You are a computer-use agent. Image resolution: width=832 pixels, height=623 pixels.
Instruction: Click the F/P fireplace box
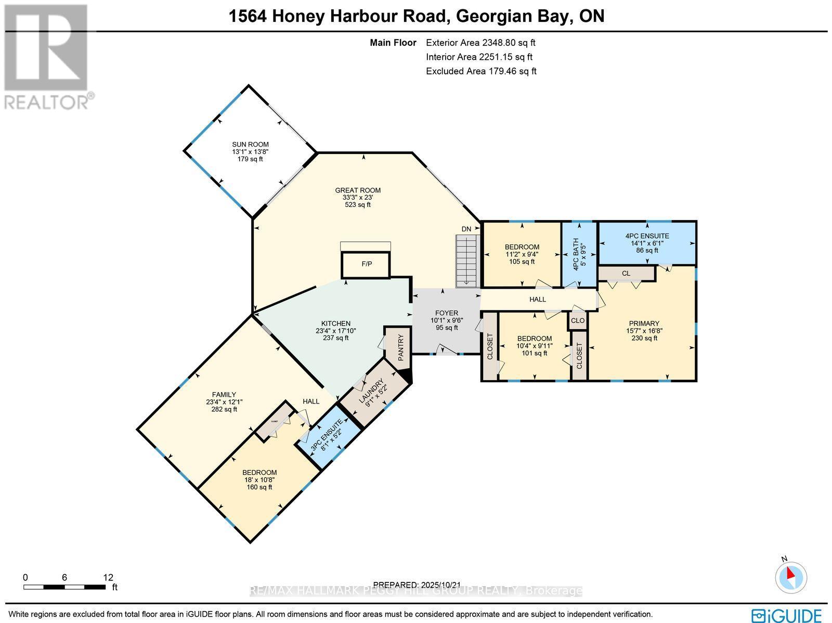pyautogui.click(x=367, y=264)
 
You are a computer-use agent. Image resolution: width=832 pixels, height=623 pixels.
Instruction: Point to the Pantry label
pyautogui.click(x=401, y=347)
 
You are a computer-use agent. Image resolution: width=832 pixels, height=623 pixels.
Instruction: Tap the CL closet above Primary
pyautogui.click(x=626, y=273)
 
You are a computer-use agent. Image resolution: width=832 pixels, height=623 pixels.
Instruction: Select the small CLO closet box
pyautogui.click(x=578, y=320)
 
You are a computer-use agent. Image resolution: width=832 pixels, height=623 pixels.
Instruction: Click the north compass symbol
pyautogui.click(x=791, y=576)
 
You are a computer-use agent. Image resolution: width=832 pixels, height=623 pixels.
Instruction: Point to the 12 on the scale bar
pyautogui.click(x=108, y=577)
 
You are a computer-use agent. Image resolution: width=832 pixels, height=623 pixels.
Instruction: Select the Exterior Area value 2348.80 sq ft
pyautogui.click(x=480, y=43)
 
